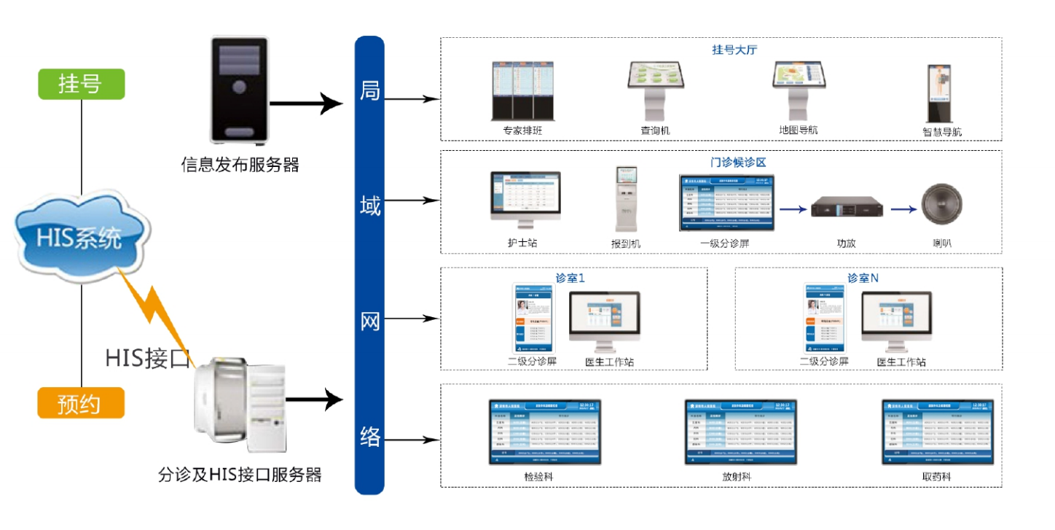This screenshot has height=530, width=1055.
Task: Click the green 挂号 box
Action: (x=81, y=84)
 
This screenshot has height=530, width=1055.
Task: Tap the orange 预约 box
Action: (x=81, y=402)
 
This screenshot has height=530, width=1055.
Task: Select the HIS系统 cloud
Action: (x=80, y=237)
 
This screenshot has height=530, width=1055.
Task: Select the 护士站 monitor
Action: (x=525, y=200)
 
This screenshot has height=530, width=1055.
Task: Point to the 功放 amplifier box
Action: (x=846, y=209)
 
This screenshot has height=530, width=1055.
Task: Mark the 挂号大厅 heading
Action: (x=737, y=50)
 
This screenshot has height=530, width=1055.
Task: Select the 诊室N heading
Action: (x=863, y=278)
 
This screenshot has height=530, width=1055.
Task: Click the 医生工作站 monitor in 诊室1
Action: (x=604, y=321)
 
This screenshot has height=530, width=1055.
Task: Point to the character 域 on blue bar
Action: (x=370, y=206)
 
